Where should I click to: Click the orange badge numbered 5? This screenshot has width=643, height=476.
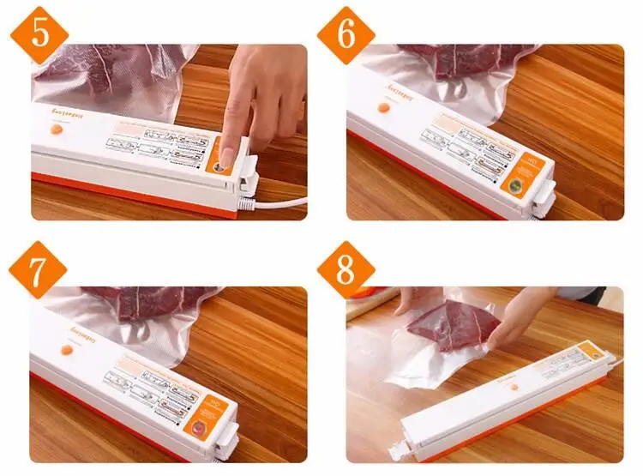point(38,34)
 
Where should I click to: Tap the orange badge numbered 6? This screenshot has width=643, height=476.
point(346,34)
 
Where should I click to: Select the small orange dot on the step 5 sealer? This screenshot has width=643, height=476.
point(57,129)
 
